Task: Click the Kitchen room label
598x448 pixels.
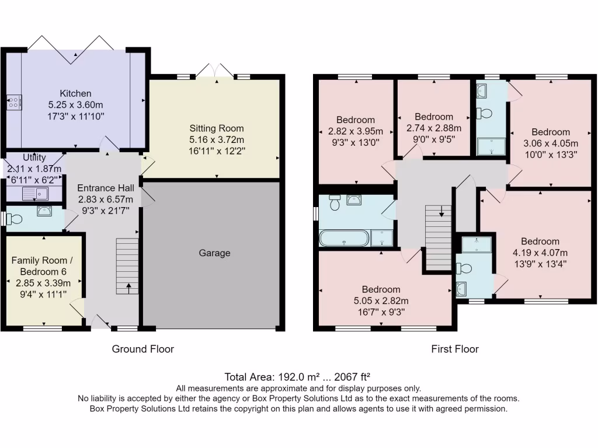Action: click(75, 93)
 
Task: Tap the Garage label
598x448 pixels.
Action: click(214, 253)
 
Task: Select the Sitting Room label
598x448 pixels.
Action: click(216, 128)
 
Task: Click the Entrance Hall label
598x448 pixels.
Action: click(106, 188)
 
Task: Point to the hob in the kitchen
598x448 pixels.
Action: click(14, 103)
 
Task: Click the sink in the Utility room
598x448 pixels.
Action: click(33, 193)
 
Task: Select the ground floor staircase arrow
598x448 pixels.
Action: click(128, 286)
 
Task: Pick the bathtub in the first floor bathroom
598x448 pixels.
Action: click(344, 239)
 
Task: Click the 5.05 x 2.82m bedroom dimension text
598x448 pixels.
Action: click(381, 300)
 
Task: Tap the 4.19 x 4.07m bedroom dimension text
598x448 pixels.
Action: click(540, 253)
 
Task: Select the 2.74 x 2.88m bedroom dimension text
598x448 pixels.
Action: click(433, 128)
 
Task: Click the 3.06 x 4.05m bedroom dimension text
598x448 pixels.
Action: click(550, 143)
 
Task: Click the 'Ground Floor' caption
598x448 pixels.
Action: click(143, 349)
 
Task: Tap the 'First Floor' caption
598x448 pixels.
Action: click(455, 349)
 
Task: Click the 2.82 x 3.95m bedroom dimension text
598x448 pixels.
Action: click(355, 131)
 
